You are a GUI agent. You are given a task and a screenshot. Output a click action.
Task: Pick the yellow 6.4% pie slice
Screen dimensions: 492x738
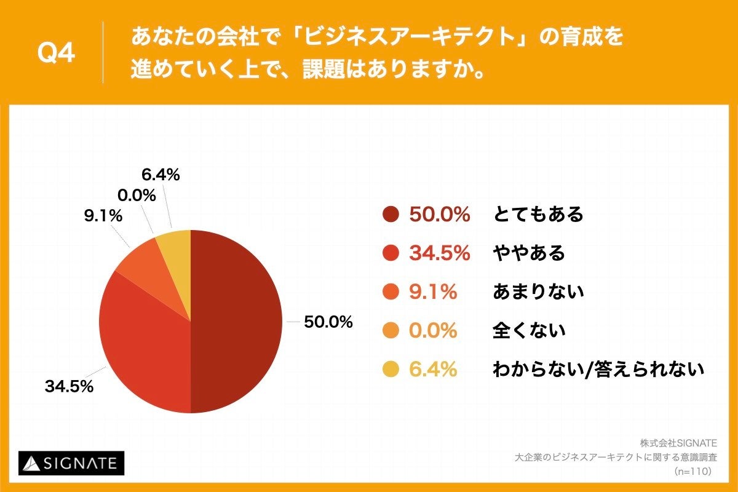tap(175, 246)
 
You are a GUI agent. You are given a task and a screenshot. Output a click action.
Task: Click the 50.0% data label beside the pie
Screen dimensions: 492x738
tap(328, 322)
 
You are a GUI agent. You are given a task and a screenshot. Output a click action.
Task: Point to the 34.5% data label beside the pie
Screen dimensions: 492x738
tap(69, 387)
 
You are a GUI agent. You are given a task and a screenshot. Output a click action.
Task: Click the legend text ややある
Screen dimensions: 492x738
tap(529, 253)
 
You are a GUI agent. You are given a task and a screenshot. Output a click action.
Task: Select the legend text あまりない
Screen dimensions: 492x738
tap(538, 292)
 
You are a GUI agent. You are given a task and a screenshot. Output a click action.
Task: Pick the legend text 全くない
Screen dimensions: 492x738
tap(529, 330)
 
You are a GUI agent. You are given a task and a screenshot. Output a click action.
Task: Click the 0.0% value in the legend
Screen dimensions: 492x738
tap(433, 330)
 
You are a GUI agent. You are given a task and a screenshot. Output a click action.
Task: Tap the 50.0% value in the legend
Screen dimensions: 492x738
tap(440, 215)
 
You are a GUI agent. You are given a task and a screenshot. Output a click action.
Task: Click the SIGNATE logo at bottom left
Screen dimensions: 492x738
tap(71, 463)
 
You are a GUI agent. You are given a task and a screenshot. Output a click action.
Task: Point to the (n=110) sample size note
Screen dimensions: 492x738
tap(692, 471)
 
